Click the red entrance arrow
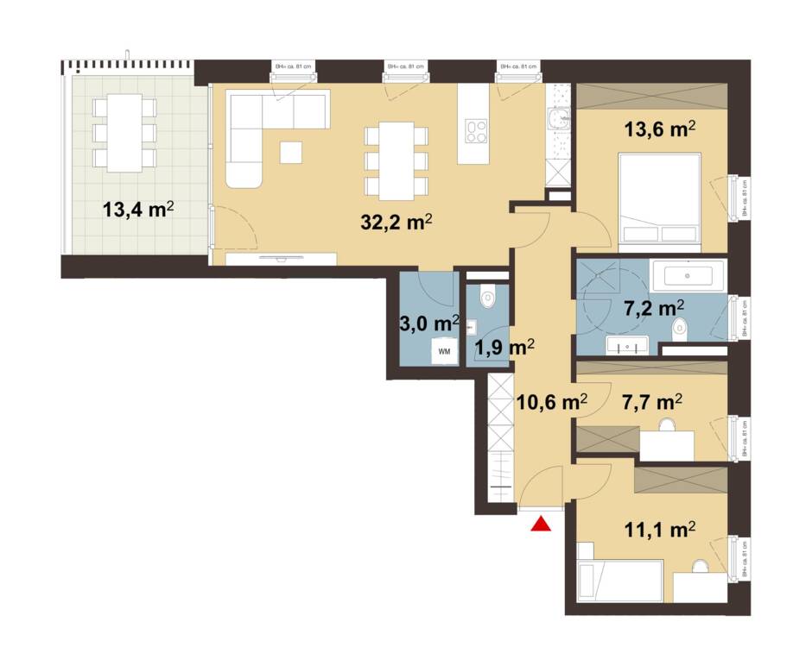click(541, 524)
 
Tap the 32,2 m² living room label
click(396, 223)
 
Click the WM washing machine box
click(444, 351)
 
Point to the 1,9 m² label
click(504, 347)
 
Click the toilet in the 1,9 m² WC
click(487, 298)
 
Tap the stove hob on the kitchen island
click(476, 130)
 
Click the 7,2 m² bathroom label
click(654, 308)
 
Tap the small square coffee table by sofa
click(291, 152)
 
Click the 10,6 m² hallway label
click(551, 401)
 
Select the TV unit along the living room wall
click(280, 258)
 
